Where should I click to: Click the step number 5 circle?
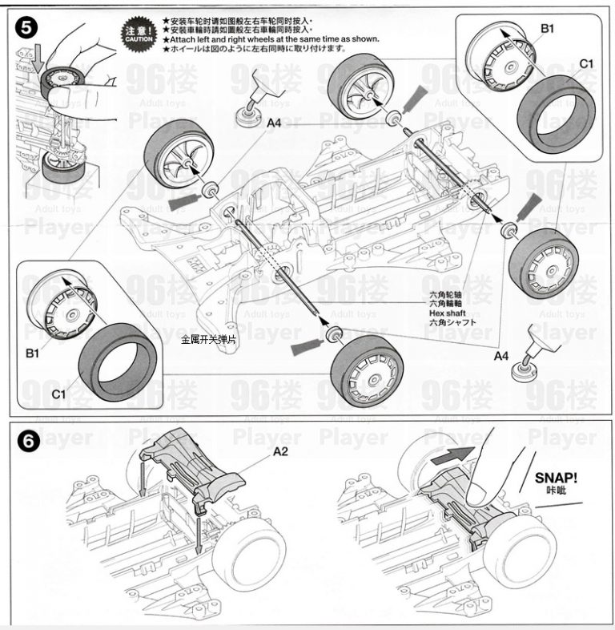28,26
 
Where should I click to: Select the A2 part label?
281,451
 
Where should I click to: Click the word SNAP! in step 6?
555,479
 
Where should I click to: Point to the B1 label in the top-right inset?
547,27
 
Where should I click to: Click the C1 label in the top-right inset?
586,63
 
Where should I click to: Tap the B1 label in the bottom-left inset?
33,353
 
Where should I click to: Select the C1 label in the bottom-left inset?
58,394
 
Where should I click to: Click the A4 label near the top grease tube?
275,123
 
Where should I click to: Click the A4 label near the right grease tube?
502,355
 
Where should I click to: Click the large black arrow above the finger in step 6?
448,458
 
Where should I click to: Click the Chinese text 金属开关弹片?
209,340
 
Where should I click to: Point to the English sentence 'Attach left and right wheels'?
271,39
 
